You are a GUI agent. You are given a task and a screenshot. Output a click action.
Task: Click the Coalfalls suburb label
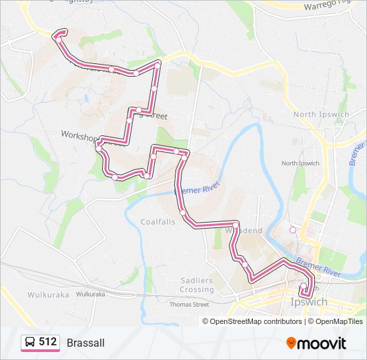[158, 222]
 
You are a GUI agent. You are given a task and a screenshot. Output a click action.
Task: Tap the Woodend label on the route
[244, 231]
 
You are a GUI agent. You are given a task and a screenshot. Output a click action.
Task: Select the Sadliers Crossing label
[197, 285]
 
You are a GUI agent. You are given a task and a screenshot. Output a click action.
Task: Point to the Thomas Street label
[189, 304]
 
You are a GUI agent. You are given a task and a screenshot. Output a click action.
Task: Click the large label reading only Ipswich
[310, 302]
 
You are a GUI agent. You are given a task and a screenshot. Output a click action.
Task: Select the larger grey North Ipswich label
[321, 114]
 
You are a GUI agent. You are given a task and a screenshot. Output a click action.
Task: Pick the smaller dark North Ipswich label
[300, 163]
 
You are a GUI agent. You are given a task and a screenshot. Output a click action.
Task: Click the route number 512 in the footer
[47, 342]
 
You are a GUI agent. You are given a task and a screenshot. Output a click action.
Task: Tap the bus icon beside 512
[30, 343]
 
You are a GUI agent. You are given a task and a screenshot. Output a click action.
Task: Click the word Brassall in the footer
[85, 343]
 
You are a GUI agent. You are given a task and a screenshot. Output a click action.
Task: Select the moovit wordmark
[322, 343]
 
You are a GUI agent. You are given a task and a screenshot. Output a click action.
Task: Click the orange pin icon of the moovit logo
[291, 343]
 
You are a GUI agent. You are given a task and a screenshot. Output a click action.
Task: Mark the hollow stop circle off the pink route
[292, 230]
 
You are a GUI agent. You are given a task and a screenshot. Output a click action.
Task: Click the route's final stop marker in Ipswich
[304, 287]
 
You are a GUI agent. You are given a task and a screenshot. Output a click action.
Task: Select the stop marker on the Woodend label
[236, 224]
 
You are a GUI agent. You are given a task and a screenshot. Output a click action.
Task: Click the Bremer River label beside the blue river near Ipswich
[319, 269]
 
